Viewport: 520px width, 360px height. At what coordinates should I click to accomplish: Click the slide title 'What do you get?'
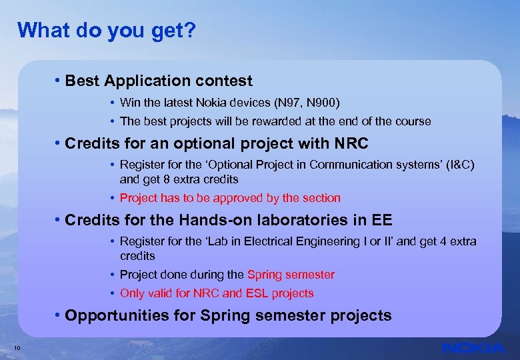(x=107, y=30)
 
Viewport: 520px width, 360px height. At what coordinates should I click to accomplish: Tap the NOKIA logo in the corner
(x=473, y=348)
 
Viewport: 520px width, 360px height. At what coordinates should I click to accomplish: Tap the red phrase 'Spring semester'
(x=291, y=275)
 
